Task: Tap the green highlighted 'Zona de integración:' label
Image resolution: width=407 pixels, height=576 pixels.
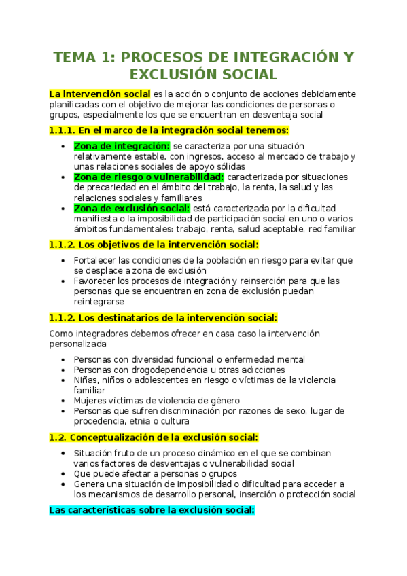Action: point(122,145)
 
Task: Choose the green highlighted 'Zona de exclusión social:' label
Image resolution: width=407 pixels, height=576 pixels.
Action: point(131,208)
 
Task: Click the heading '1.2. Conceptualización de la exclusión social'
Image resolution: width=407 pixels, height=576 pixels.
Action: point(154,437)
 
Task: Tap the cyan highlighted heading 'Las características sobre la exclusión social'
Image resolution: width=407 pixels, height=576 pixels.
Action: point(152,509)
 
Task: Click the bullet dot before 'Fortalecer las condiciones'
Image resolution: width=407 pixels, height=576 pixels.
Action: point(63,260)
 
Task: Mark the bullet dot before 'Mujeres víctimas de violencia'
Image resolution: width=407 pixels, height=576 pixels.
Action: point(63,401)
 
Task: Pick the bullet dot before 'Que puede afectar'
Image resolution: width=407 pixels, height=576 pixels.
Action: point(63,473)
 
